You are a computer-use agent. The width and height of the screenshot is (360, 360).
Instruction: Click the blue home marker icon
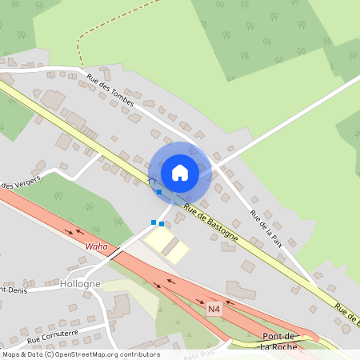pos(180,172)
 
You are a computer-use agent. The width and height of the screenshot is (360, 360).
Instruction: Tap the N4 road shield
pos(214,308)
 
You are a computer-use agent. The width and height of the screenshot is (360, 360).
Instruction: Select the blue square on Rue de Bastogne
pos(159,192)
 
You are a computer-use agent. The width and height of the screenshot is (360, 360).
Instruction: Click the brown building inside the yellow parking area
pos(171,247)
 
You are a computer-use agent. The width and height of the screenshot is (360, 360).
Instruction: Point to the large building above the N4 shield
pos(241,290)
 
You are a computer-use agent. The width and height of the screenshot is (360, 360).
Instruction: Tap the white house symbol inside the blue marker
pos(180,172)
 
